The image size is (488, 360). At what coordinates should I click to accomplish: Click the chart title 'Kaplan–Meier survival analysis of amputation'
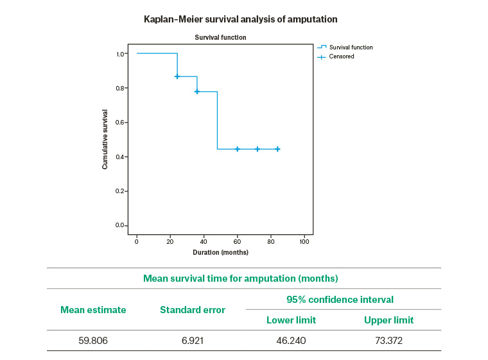coord(240,19)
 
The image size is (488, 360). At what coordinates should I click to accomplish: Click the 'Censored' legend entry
coord(341,56)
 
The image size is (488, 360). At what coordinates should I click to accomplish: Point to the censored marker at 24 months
coord(177,76)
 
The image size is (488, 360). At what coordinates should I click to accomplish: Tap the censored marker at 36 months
coord(197,91)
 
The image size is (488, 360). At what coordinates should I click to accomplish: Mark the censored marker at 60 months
coord(238,149)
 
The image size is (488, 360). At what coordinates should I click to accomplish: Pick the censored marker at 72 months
coord(257,149)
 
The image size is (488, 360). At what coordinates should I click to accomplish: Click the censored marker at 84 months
coord(277,149)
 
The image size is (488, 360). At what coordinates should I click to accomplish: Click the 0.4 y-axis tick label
coord(121,157)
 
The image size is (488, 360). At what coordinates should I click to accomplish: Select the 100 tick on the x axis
coord(305,242)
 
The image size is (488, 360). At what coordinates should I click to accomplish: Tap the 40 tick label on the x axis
coord(204,242)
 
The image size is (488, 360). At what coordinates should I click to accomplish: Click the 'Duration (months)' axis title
coord(221,252)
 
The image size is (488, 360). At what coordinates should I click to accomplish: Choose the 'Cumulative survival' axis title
coord(105,139)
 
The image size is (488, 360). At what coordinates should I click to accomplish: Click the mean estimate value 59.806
coord(93,340)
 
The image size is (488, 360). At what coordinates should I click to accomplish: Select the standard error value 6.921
coord(192,340)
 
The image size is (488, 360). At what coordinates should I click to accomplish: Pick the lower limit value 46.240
coord(291,340)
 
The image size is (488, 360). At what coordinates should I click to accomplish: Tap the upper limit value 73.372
coord(388,340)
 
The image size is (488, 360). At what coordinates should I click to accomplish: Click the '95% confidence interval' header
coord(340,300)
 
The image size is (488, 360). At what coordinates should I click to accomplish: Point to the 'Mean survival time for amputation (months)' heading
coord(240,279)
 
